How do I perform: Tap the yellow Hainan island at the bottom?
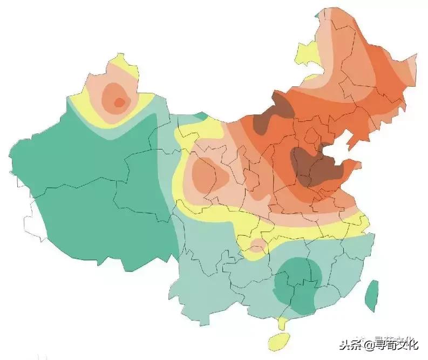pyautogui.click(x=279, y=341)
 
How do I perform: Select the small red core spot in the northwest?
pyautogui.click(x=120, y=101)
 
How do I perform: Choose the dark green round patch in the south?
pyautogui.click(x=298, y=286)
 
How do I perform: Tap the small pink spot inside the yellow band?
pyautogui.click(x=258, y=246)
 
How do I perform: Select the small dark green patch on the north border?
pyautogui.click(x=201, y=116)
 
